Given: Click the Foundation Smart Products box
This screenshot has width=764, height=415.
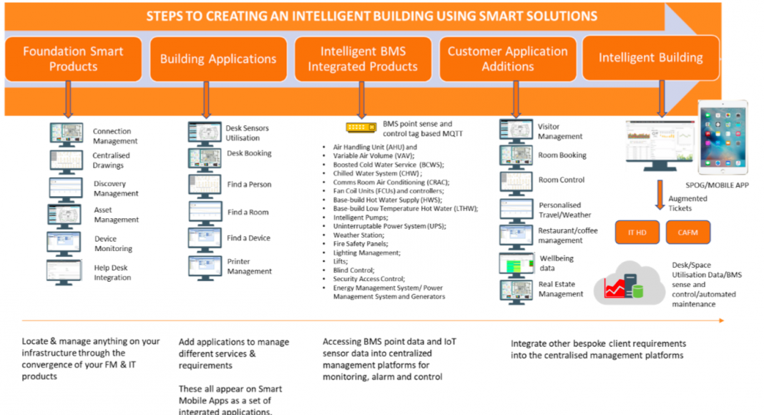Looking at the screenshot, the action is coord(73,59).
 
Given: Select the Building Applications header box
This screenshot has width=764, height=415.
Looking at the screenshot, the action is coord(218,59).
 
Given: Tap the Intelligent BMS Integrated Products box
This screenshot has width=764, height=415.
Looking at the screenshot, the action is coord(363,59).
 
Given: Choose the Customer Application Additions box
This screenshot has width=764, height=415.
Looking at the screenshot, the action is coord(508,59).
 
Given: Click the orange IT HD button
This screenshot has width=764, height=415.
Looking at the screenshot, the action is coord(637,233).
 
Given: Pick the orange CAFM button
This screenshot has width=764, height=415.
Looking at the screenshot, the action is coord(688,233).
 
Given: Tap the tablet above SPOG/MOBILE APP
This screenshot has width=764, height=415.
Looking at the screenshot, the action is coord(723,137).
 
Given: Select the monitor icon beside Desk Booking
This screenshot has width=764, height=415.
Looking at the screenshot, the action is coord(205,160).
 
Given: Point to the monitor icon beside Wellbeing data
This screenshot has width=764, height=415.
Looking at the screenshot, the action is coord(516,265).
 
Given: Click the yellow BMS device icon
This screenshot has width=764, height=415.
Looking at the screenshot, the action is coord(361,127).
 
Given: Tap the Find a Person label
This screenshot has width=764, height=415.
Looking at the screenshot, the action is coord(249,185).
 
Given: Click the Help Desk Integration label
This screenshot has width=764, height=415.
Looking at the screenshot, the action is coord(112,273).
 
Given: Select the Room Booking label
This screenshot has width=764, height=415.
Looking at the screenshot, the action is coord(562,155).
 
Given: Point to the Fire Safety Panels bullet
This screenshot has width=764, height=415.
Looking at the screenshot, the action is coord(361,243).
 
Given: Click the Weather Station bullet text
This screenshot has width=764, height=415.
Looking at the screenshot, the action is coord(358,235).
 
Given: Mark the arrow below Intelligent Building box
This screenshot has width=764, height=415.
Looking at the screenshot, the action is coord(662,99).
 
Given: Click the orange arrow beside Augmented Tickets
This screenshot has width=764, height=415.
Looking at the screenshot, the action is coord(660,195).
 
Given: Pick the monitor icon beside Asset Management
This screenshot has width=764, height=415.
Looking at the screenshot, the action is coord(64,216).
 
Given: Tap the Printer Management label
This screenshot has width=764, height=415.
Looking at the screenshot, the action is coord(250,266).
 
